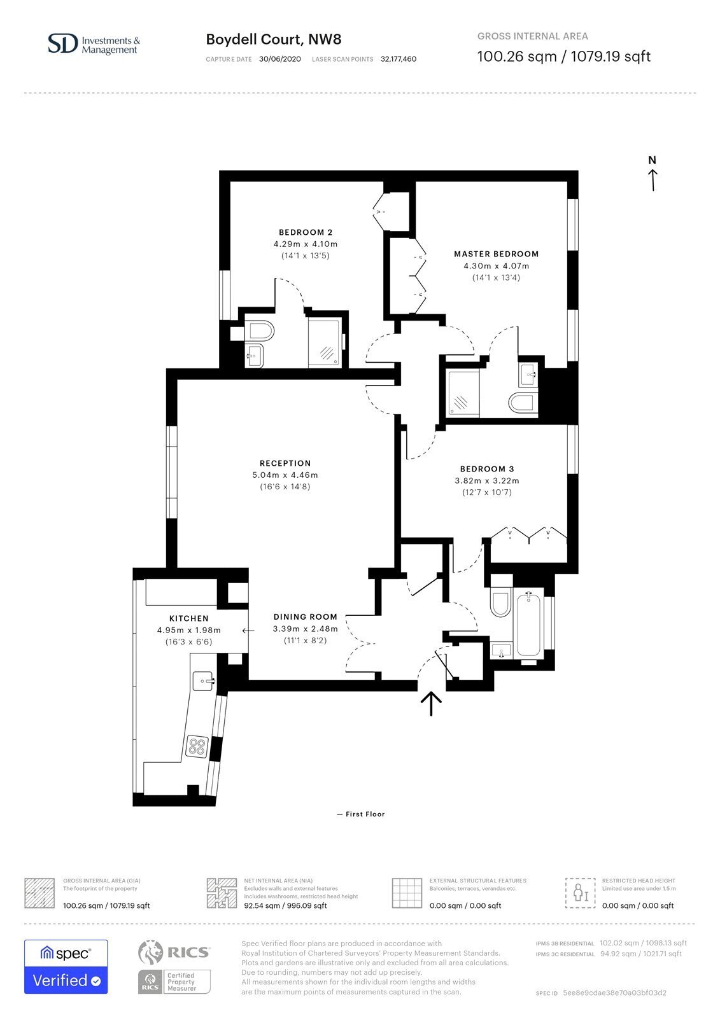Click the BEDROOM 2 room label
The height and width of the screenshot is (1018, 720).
tap(305, 232)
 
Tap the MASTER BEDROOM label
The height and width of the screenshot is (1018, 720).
tap(496, 254)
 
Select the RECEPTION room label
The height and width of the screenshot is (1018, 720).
tap(285, 463)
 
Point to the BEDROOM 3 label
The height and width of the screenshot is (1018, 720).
tap(486, 468)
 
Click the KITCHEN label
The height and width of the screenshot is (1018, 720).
tap(189, 618)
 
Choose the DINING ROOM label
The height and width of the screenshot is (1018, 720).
tap(305, 617)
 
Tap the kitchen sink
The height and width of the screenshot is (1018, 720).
tap(204, 680)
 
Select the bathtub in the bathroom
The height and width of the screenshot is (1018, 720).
tap(528, 624)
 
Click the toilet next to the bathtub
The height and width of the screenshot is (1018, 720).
tap(501, 599)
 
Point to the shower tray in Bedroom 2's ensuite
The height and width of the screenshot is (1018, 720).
tap(324, 342)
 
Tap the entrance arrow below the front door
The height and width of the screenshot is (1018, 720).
tap(431, 704)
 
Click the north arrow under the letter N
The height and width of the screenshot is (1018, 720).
tap(653, 180)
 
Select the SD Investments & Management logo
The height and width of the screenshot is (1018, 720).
tap(94, 44)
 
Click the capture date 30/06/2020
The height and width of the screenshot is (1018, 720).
tap(279, 59)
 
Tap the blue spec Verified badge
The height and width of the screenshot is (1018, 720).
tap(66, 966)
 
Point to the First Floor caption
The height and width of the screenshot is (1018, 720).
tap(361, 814)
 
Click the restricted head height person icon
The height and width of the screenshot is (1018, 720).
tap(581, 893)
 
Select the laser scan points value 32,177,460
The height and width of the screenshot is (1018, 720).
tap(399, 59)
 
